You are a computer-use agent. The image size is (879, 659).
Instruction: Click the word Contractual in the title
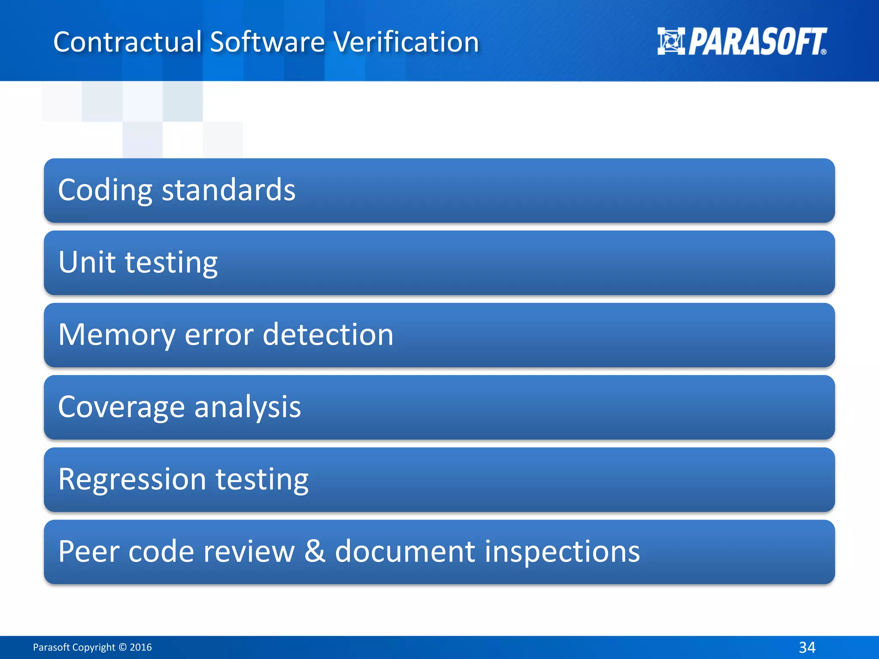point(127,42)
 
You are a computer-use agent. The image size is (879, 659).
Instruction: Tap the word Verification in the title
point(406,42)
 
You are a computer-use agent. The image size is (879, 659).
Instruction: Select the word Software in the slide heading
point(267,42)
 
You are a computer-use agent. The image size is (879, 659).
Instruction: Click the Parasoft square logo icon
point(671,41)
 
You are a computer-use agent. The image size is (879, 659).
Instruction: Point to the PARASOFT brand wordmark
point(758,42)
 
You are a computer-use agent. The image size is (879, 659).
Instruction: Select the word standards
point(228,190)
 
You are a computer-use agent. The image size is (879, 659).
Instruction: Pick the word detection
point(328,335)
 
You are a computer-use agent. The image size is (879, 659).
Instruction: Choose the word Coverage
point(121,407)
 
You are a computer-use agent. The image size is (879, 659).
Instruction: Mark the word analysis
point(248,407)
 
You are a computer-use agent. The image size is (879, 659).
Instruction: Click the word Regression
point(132,479)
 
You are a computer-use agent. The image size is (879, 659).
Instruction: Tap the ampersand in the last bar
point(315,551)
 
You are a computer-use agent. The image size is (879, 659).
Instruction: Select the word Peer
point(88,551)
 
